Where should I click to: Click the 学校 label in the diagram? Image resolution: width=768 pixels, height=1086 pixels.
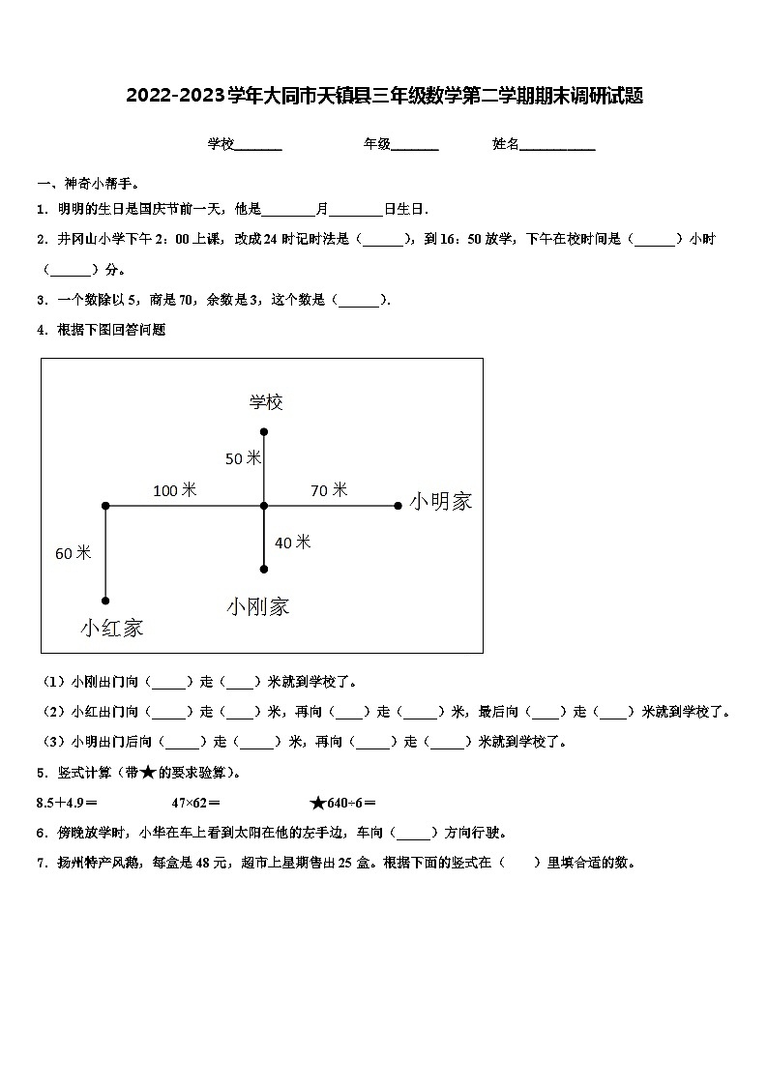265,402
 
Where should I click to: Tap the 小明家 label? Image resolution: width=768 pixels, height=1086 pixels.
440,502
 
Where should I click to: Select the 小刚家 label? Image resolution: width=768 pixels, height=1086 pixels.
257,607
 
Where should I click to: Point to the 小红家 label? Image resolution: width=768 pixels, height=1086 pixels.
111,629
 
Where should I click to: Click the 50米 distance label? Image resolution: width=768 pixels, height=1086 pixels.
243,458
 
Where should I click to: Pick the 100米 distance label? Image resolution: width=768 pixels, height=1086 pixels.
174,491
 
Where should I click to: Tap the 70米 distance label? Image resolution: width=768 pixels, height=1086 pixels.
328,490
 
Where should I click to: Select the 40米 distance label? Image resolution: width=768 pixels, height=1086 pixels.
292,543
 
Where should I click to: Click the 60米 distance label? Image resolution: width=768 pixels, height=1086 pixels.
73,553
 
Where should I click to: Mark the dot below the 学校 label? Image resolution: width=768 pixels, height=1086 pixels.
264,432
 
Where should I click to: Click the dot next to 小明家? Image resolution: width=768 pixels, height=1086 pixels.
398,505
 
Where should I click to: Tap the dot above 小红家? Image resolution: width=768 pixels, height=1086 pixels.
105,601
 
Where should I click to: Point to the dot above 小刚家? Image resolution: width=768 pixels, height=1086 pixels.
264,570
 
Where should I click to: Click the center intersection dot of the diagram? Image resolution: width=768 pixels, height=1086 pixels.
264,505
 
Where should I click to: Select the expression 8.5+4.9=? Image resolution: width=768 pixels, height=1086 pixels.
67,802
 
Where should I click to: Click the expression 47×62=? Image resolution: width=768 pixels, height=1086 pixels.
195,802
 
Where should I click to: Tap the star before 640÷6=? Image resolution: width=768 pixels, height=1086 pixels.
317,802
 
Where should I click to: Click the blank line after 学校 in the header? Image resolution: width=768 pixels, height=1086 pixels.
258,146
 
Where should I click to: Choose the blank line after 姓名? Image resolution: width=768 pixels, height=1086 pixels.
558,146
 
